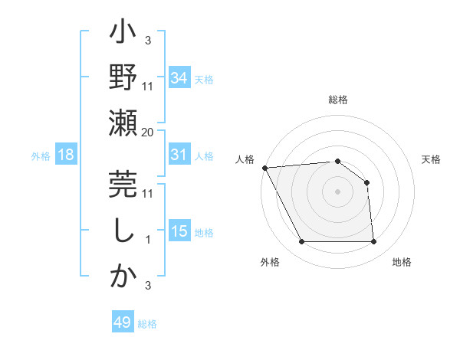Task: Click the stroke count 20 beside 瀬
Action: click(148, 132)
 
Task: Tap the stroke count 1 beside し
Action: click(147, 240)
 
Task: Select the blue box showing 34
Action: click(179, 77)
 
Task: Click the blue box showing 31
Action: click(179, 155)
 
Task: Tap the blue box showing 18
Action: click(66, 155)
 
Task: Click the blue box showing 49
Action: click(123, 322)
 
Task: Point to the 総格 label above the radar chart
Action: click(337, 100)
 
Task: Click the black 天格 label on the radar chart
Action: click(432, 159)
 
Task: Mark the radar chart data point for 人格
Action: click(264, 168)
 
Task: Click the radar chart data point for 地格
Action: click(373, 242)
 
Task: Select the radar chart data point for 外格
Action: click(301, 242)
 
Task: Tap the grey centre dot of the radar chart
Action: click(337, 191)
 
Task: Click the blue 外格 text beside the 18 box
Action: click(41, 155)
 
